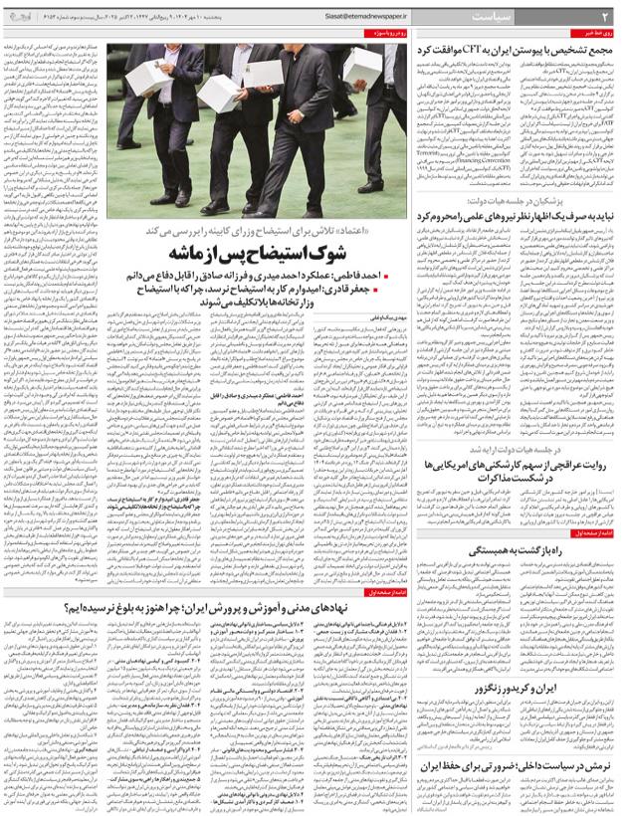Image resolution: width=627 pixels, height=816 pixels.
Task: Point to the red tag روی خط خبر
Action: [599, 34]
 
